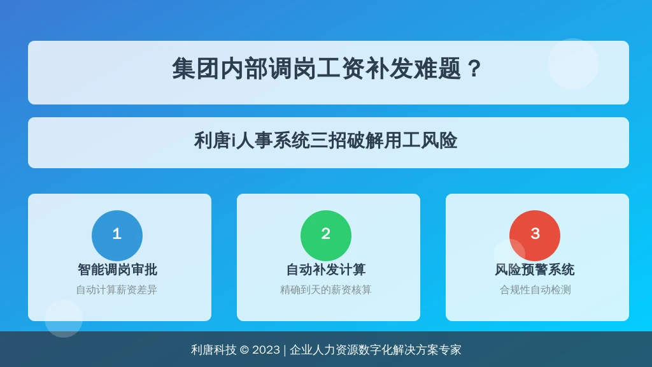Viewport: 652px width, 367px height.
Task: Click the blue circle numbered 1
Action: (x=117, y=236)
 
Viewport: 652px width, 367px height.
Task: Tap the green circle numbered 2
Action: (x=326, y=236)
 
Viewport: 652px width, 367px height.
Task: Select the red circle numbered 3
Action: (x=535, y=236)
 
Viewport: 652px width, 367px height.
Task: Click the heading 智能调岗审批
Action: (x=117, y=270)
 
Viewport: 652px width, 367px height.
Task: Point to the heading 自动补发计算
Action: (x=326, y=270)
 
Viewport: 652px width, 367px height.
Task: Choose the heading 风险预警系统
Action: (x=535, y=270)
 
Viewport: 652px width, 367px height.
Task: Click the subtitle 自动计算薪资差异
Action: (x=117, y=290)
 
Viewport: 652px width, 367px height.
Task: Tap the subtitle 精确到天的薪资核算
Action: (x=325, y=290)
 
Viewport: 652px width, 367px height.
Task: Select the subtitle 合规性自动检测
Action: (x=535, y=290)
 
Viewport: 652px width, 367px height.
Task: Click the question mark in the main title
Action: (x=474, y=69)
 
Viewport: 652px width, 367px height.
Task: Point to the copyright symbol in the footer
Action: (x=244, y=350)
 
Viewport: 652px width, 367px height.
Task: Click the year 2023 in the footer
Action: (x=266, y=350)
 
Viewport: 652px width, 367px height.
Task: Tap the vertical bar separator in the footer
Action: (x=285, y=350)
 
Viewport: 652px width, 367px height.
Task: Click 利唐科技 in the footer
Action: (x=214, y=350)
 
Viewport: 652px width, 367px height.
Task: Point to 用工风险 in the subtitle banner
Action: (x=420, y=141)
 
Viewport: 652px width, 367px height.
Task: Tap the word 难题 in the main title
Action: (x=437, y=69)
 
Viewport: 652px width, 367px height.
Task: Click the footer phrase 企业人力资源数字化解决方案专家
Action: (x=376, y=350)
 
